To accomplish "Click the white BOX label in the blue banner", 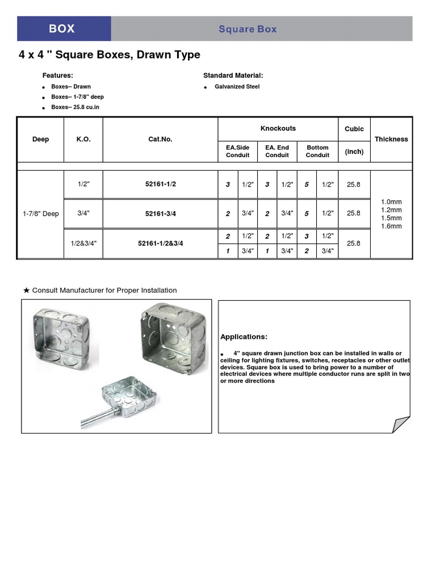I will pos(62,28).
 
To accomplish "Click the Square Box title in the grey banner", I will pos(248,29).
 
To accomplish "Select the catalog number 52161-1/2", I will pos(161,184).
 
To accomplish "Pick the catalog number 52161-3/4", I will pos(161,213).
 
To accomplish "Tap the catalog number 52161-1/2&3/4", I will pos(161,243).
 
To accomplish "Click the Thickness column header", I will pos(391,139).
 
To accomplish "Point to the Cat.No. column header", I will pos(161,139).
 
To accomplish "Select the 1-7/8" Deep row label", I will pos(41,214).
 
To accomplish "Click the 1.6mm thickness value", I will pos(391,226).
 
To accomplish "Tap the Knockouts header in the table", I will pos(278,128).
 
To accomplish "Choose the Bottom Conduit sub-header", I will pos(317,151).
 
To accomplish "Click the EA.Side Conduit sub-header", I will pos(238,151).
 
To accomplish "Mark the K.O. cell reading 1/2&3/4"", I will pos(83,243).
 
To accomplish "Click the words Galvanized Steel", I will pos(237,87).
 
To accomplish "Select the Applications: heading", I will pos(244,336).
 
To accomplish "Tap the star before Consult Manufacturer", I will pos(26,290).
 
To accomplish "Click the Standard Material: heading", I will pos(233,75).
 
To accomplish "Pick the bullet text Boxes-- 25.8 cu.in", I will pos(75,107).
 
